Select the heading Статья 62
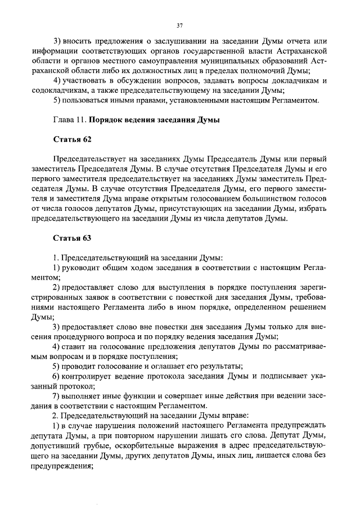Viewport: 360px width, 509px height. click(x=72, y=138)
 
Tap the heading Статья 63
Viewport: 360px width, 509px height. click(x=72, y=238)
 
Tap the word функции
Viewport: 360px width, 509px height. click(x=143, y=395)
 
